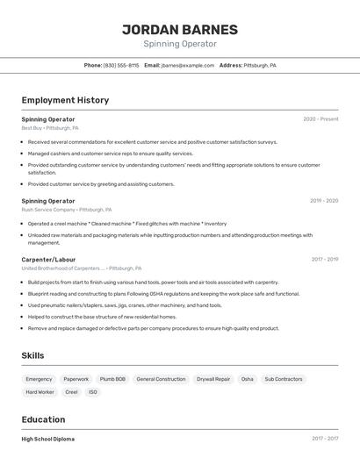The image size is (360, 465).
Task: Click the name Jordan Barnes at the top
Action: [x=179, y=29]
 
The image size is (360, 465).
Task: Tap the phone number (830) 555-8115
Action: [x=121, y=66]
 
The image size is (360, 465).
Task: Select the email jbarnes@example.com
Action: [x=188, y=66]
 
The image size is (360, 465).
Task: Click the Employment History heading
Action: [x=65, y=100]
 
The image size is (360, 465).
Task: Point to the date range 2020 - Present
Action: [x=320, y=119]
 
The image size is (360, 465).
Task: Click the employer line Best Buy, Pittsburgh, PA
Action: [x=50, y=128]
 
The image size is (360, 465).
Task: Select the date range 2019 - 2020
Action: [x=323, y=201]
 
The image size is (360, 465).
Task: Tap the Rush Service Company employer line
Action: [x=67, y=210]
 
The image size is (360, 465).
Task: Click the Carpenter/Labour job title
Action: [x=48, y=260]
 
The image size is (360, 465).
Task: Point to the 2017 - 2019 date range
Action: [x=324, y=260]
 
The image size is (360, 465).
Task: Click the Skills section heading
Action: [x=33, y=355]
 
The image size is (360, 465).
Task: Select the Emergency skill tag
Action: [x=39, y=379]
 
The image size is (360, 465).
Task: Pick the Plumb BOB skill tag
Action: [x=112, y=379]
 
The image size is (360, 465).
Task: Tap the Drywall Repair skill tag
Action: [x=213, y=379]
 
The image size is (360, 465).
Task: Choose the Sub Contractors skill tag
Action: [x=283, y=379]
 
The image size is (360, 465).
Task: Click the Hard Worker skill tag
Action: [x=40, y=392]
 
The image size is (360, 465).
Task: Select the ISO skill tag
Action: [x=93, y=392]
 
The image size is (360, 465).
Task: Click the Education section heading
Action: [x=43, y=419]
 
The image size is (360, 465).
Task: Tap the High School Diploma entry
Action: [x=48, y=439]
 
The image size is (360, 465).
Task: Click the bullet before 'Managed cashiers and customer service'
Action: [x=23, y=154]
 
